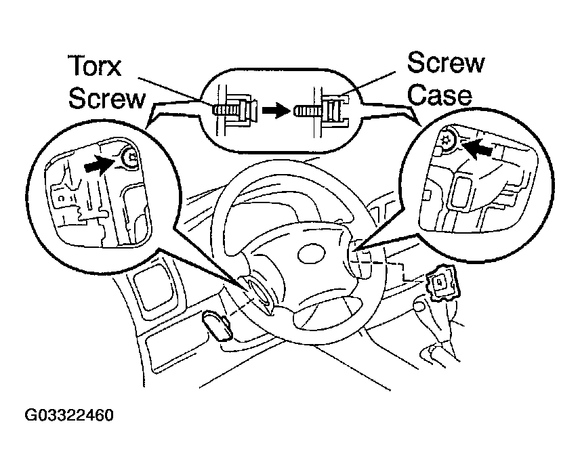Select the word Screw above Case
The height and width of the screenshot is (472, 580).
coord(445,64)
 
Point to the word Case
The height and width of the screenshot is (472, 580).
coord(440,94)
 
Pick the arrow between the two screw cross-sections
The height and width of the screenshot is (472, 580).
coord(274,110)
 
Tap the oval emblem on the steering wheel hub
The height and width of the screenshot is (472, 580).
coord(308,257)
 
